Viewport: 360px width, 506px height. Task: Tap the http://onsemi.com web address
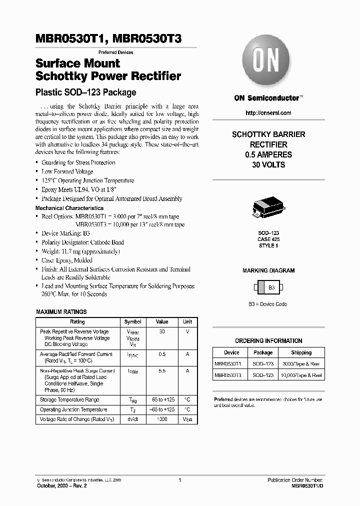[268, 113]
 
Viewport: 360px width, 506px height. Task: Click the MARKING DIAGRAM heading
[268, 270]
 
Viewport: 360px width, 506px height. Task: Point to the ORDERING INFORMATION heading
[268, 341]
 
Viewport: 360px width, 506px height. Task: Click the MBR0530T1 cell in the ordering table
[227, 363]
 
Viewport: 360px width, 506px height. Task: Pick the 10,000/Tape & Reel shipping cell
[301, 374]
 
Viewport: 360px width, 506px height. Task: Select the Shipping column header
[301, 352]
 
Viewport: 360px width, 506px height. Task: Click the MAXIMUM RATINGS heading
[61, 312]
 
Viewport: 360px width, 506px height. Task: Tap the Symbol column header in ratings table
[132, 322]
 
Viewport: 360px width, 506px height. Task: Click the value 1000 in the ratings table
[162, 419]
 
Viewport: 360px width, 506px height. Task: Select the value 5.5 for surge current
[162, 371]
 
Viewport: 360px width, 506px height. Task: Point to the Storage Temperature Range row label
[69, 399]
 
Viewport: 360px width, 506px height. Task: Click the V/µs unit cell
[187, 419]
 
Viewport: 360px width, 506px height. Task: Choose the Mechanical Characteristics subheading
[69, 208]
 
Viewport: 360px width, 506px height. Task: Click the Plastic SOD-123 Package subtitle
[85, 92]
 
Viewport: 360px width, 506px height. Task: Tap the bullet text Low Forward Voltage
[67, 171]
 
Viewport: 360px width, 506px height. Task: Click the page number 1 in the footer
[179, 480]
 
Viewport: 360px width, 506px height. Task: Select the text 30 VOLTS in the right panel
[268, 165]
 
